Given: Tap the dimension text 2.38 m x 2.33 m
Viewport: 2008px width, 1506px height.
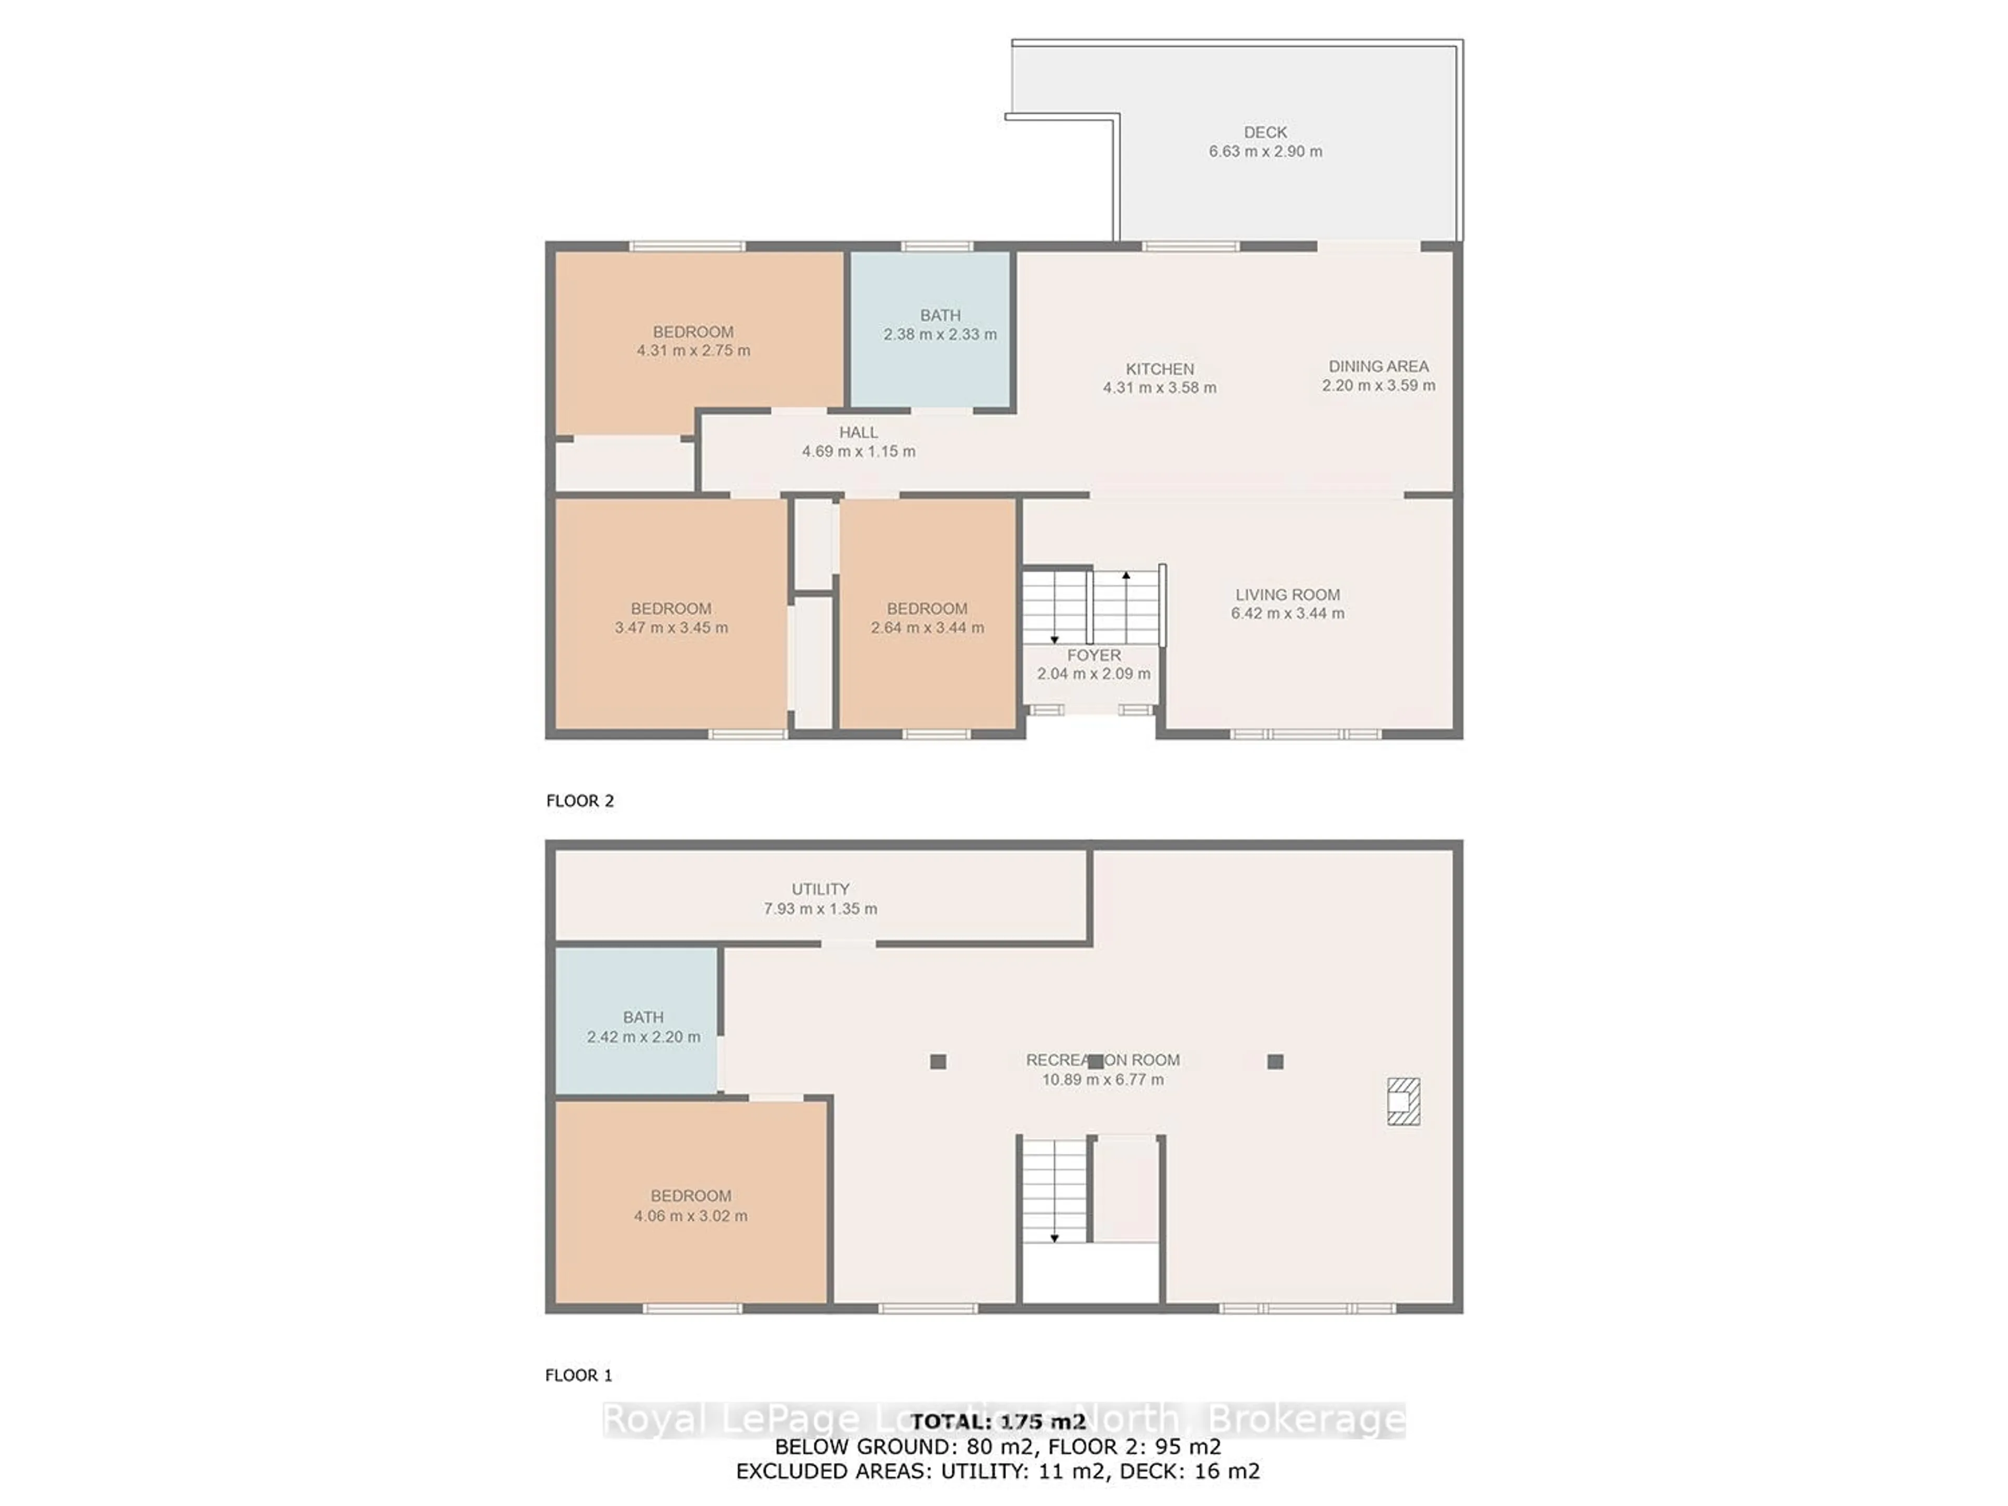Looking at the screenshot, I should coord(940,334).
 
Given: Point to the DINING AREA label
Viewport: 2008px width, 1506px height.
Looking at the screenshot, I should coord(1378,366).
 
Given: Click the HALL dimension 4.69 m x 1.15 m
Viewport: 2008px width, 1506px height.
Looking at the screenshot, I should coord(858,451).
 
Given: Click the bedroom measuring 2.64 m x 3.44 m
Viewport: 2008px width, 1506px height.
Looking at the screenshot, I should coord(927,617).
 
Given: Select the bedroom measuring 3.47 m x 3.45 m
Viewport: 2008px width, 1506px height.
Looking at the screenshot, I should coord(671,617).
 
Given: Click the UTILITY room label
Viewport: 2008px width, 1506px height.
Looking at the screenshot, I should coord(820,889).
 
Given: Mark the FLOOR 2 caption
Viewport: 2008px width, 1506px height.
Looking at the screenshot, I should coord(579,801).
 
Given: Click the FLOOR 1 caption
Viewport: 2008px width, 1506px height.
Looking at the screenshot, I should coord(578,1375).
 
